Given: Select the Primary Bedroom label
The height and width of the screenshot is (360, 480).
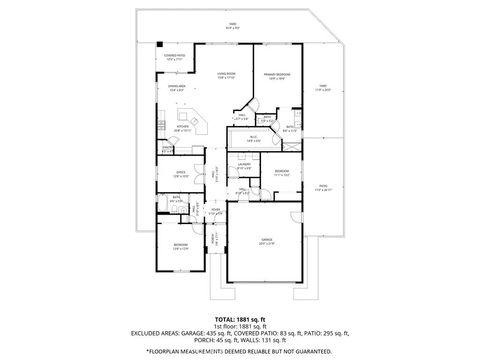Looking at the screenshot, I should (x=279, y=75).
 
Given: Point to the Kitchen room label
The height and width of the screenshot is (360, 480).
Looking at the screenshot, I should (x=184, y=128).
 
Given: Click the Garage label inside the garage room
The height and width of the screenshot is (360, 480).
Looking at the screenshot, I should (x=267, y=240).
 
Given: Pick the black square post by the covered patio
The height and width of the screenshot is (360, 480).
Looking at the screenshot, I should (x=158, y=43).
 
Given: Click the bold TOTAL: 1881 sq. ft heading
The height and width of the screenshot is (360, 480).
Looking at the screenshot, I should (x=239, y=318).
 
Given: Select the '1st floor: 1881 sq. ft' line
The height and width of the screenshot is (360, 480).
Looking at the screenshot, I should (x=239, y=326).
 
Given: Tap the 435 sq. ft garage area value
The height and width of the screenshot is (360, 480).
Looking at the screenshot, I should (x=216, y=334).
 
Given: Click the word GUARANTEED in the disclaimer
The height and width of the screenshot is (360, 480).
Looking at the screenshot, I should (x=309, y=352).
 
